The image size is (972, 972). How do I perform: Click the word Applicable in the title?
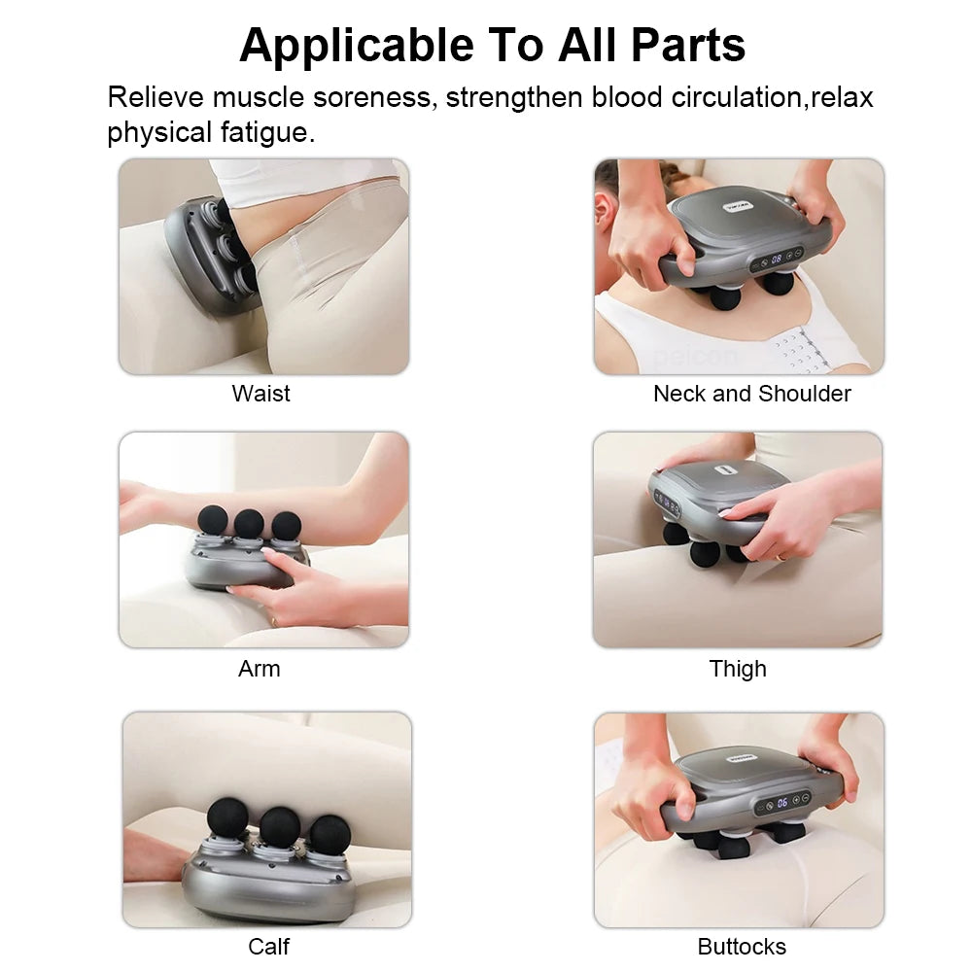[x=357, y=45]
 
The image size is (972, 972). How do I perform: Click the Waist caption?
[x=260, y=394]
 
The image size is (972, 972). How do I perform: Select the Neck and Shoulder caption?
[x=751, y=394]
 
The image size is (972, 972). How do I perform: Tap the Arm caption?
[x=259, y=669]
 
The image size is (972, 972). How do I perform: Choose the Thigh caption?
[x=738, y=669]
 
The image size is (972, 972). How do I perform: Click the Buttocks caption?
[x=741, y=946]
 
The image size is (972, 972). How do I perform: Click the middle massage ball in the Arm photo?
[x=249, y=523]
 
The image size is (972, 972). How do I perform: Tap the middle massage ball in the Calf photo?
[x=279, y=825]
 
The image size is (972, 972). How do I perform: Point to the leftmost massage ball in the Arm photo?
[x=213, y=520]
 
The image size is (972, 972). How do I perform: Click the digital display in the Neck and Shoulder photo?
[x=777, y=260]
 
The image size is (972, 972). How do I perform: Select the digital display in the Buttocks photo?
[x=782, y=803]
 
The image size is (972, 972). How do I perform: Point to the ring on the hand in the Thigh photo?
[x=781, y=557]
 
